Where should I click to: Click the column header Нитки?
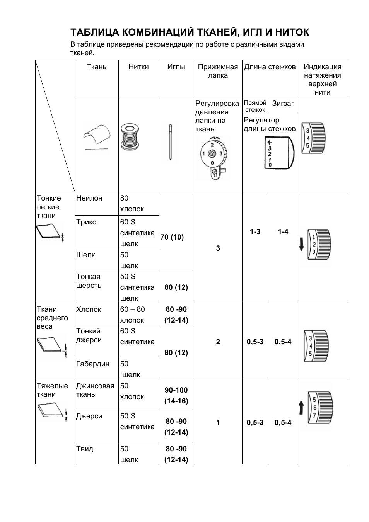point(138,67)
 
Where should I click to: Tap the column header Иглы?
point(176,67)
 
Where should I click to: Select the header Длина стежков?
point(270,67)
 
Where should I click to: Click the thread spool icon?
point(130,137)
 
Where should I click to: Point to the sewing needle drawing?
point(170,142)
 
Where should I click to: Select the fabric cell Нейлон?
point(89,198)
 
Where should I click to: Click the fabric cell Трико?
point(86,222)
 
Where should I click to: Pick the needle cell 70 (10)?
point(172,237)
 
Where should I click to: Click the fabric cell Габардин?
point(93,364)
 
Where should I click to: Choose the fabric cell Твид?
point(85,449)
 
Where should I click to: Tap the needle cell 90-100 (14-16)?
point(176,395)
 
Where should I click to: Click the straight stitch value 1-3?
point(255,232)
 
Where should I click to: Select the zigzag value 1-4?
point(283,232)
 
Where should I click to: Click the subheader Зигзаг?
point(283,104)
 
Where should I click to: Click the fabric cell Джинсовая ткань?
point(95,390)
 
